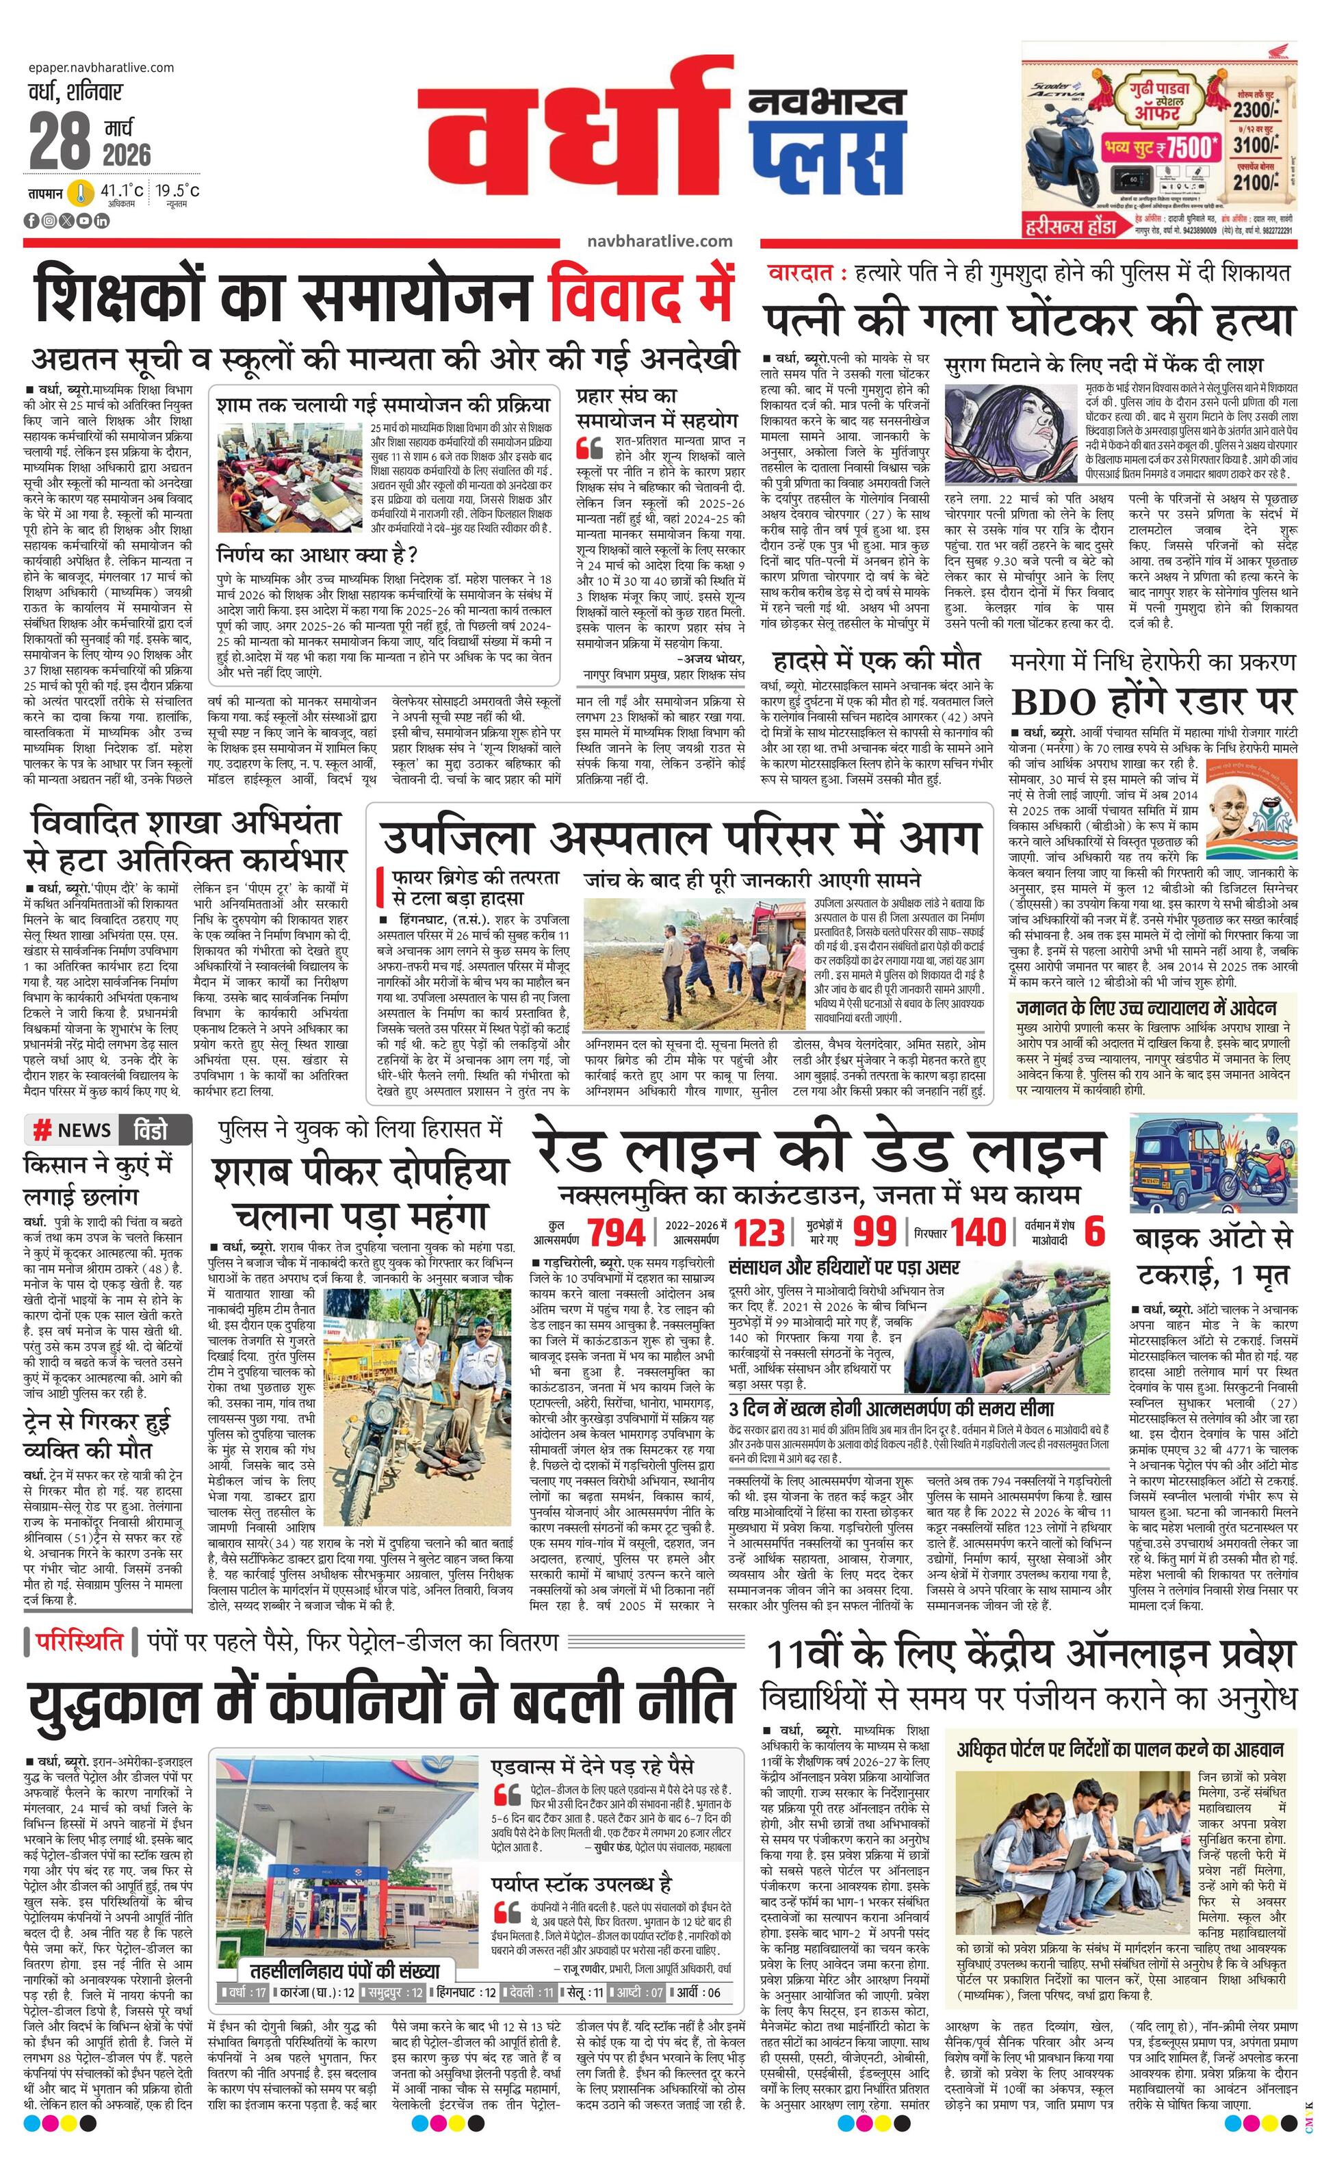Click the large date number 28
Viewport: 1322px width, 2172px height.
pos(60,139)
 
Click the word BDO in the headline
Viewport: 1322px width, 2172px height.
pos(1055,702)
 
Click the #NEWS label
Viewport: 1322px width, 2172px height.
pos(73,1131)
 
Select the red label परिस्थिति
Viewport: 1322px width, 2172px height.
pos(79,1642)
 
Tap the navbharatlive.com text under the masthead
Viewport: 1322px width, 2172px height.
pos(658,241)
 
